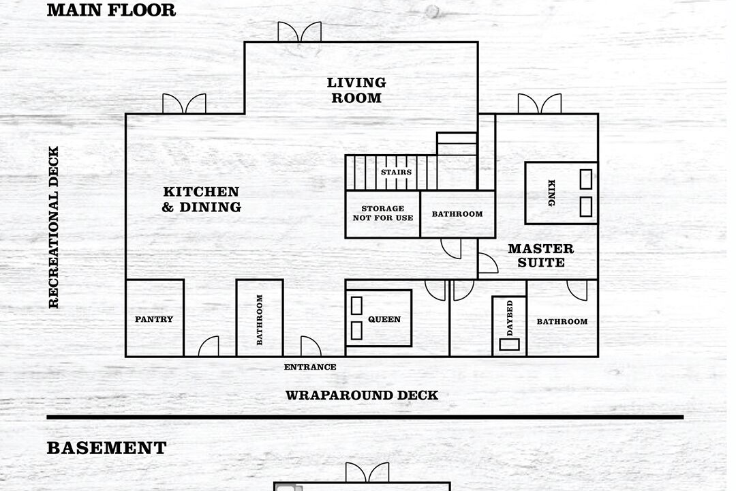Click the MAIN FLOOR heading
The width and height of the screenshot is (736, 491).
click(x=111, y=10)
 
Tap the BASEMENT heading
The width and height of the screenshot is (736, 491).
click(x=106, y=448)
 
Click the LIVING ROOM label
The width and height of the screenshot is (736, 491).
click(x=356, y=90)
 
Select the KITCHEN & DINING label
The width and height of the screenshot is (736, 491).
click(x=201, y=199)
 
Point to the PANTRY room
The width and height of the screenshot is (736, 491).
click(x=155, y=318)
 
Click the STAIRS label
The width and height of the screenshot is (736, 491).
click(x=396, y=172)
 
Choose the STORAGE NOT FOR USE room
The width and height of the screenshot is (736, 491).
click(x=382, y=213)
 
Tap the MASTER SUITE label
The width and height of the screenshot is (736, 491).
click(x=540, y=255)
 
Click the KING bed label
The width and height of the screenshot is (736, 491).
click(x=551, y=192)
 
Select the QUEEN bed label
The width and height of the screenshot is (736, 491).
click(x=384, y=319)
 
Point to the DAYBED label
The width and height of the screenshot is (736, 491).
click(x=510, y=318)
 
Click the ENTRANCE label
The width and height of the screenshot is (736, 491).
click(x=310, y=367)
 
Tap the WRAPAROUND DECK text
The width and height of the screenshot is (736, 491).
click(x=362, y=395)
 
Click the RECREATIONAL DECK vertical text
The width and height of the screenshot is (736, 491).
click(x=54, y=227)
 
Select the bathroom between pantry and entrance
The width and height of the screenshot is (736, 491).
click(x=260, y=318)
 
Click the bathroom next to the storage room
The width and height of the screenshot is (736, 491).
click(x=458, y=213)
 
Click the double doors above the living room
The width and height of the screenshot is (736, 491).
click(x=299, y=31)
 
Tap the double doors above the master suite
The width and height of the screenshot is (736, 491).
click(x=539, y=104)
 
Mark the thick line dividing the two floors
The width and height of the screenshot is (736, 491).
click(x=365, y=417)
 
